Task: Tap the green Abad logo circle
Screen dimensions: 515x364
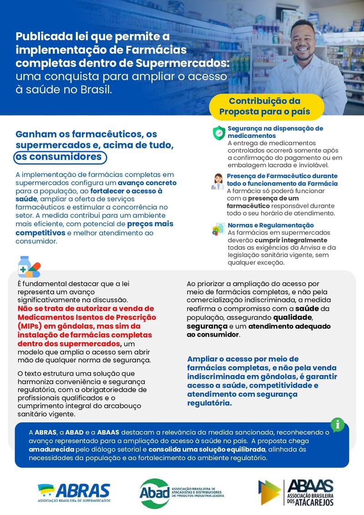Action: click(x=154, y=494)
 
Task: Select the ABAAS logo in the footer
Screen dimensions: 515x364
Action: click(x=296, y=493)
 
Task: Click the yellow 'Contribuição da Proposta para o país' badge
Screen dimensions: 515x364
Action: click(x=266, y=106)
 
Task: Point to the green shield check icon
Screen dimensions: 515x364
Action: click(x=219, y=132)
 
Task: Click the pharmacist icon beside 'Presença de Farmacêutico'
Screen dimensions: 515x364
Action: click(x=218, y=181)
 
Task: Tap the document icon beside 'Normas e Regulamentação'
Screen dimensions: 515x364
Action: click(x=218, y=229)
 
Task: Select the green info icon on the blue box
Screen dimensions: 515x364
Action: click(x=337, y=424)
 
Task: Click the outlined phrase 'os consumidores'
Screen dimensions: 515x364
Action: click(x=59, y=157)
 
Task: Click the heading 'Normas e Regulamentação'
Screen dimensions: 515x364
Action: click(x=271, y=225)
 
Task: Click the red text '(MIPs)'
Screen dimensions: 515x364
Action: click(x=30, y=326)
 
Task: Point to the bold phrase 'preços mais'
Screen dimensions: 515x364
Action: click(x=150, y=224)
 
